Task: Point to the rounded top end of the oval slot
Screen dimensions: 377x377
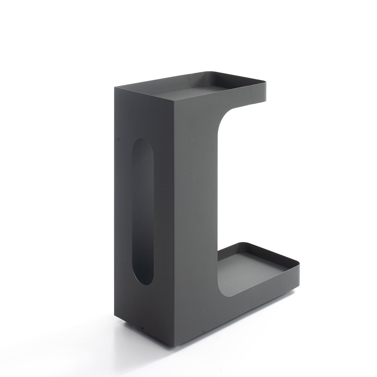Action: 143,142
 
